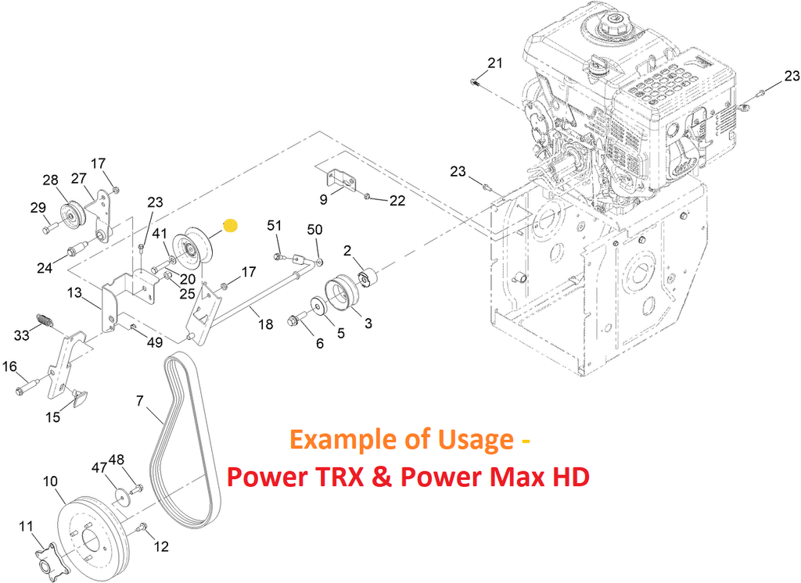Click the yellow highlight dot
tap(230, 226)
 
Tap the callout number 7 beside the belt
tap(140, 402)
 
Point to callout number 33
tap(23, 336)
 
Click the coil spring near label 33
tap(45, 320)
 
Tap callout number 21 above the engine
tap(496, 63)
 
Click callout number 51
tap(274, 226)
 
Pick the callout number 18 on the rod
tap(266, 324)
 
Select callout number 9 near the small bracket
tap(324, 199)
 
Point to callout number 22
tap(397, 201)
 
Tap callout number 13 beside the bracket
tap(74, 292)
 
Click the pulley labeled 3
tap(342, 297)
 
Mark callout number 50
tap(314, 230)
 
